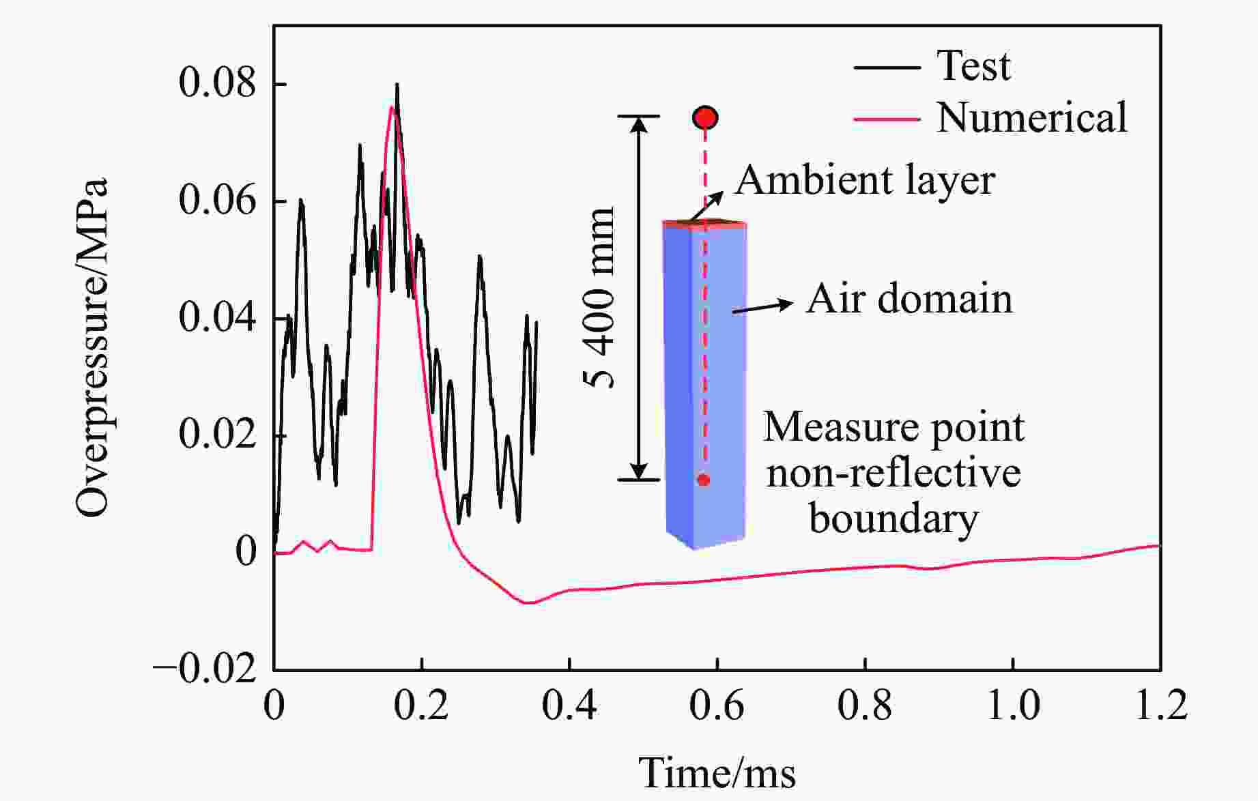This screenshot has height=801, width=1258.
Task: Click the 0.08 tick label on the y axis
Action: [x=217, y=83]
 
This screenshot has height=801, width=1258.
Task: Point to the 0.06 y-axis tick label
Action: [x=217, y=201]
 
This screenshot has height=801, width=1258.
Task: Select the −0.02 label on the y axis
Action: [x=205, y=669]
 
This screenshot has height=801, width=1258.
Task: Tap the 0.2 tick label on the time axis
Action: [x=422, y=705]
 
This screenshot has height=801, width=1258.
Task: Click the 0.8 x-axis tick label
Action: [x=865, y=705]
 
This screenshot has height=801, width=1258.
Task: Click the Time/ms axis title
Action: [x=717, y=774]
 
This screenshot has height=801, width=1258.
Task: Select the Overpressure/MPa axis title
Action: [x=92, y=348]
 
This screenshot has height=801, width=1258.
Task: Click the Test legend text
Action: [x=973, y=66]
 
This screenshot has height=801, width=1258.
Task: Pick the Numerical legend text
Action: [x=1031, y=117]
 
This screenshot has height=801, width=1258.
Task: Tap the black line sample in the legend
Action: [x=887, y=68]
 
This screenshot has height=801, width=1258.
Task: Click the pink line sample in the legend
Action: [x=887, y=119]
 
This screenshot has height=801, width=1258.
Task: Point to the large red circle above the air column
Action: [x=705, y=118]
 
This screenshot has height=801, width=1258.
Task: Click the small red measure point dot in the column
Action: [x=704, y=480]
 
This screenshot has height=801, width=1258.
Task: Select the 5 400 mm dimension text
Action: [x=601, y=297]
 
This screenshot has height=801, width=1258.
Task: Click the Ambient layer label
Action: [x=864, y=181]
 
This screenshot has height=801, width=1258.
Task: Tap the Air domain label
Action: [x=909, y=299]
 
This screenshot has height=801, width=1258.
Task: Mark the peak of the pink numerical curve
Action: [x=392, y=107]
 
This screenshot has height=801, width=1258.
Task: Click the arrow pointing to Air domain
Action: [x=762, y=307]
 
